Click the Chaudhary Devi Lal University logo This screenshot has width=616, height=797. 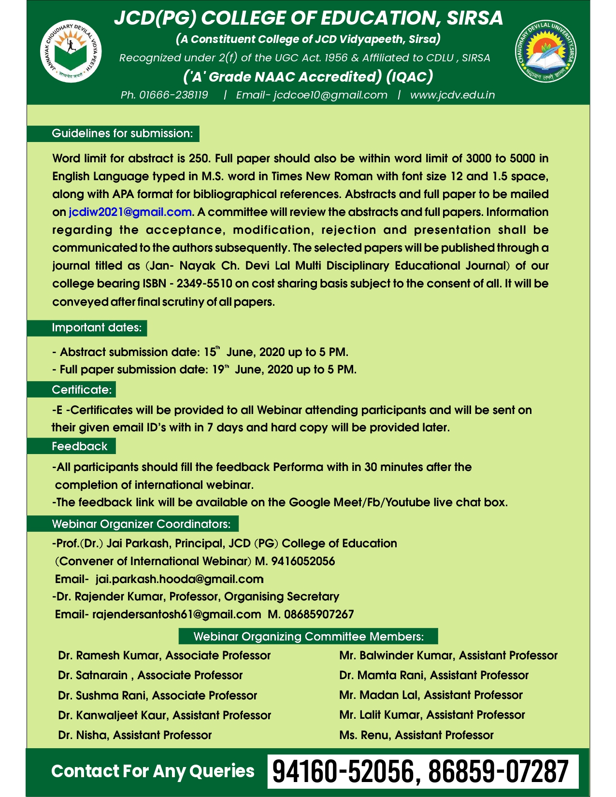pyautogui.click(x=545, y=52)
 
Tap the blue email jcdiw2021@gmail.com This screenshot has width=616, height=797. pyautogui.click(x=130, y=212)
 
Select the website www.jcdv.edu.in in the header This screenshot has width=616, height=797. pyautogui.click(x=452, y=95)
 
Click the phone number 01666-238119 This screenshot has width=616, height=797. pyautogui.click(x=173, y=95)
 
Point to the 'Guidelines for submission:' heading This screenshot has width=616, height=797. pyautogui.click(x=122, y=133)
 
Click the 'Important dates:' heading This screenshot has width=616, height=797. pyautogui.click(x=97, y=327)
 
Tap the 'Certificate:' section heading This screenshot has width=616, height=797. pyautogui.click(x=82, y=389)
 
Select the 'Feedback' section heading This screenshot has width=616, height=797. pyautogui.click(x=79, y=446)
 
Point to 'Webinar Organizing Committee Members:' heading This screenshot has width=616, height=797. pyautogui.click(x=308, y=636)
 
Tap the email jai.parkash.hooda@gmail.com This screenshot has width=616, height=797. pyautogui.click(x=179, y=579)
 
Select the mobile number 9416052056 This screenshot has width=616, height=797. pyautogui.click(x=303, y=561)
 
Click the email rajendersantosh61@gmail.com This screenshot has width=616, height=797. pyautogui.click(x=176, y=614)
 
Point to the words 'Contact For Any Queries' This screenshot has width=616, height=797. pyautogui.click(x=153, y=771)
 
